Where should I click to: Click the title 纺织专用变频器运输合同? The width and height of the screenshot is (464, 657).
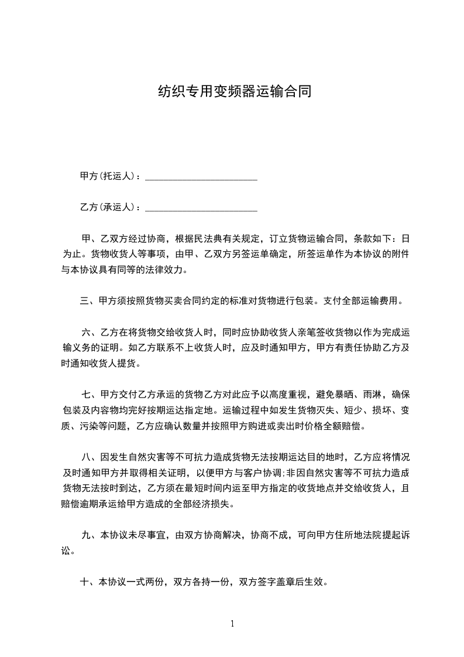(232, 92)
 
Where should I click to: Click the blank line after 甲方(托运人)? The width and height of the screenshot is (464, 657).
(201, 176)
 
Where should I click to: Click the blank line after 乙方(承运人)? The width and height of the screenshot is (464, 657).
(201, 207)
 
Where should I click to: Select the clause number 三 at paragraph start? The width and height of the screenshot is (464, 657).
(84, 302)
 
